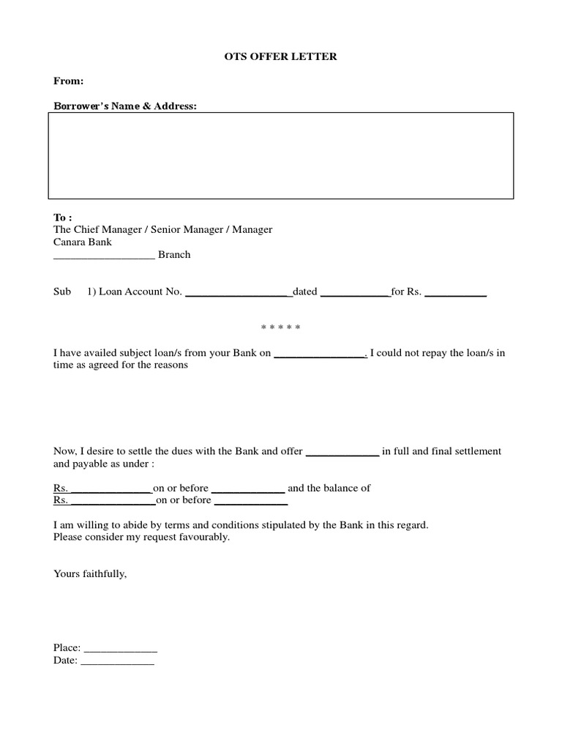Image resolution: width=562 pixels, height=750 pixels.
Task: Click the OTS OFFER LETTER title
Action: pyautogui.click(x=280, y=56)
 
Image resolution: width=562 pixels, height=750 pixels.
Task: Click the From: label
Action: pyautogui.click(x=68, y=81)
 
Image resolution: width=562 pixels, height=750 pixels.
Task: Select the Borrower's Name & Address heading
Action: pyautogui.click(x=125, y=106)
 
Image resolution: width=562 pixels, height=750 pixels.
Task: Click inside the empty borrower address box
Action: pyautogui.click(x=280, y=155)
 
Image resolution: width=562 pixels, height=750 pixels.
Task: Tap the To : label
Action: pyautogui.click(x=63, y=218)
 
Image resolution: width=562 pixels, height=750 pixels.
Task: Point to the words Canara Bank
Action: pyautogui.click(x=83, y=242)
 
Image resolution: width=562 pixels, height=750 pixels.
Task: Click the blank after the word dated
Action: pyautogui.click(x=355, y=292)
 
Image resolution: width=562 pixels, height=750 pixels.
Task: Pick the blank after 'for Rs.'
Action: pyautogui.click(x=455, y=292)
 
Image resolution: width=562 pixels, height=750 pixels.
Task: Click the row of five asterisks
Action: pyautogui.click(x=280, y=327)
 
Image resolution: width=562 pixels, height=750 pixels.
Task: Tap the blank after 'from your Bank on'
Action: pyautogui.click(x=319, y=354)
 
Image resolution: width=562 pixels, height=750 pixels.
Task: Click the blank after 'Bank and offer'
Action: pyautogui.click(x=342, y=452)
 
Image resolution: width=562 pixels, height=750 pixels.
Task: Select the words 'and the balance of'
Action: pyautogui.click(x=329, y=488)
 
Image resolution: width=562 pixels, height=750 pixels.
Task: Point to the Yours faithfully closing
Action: pyautogui.click(x=90, y=573)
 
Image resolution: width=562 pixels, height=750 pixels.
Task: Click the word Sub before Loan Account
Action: pyautogui.click(x=62, y=292)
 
